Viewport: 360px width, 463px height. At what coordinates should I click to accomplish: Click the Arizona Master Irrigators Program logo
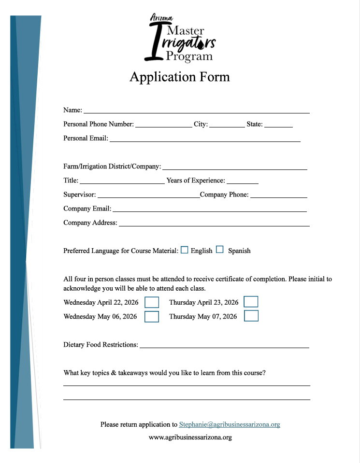click(180, 38)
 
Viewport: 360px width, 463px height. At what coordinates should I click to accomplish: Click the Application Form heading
click(180, 77)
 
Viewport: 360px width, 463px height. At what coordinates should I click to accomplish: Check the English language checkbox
click(185, 250)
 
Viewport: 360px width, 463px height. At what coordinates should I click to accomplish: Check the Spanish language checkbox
click(220, 250)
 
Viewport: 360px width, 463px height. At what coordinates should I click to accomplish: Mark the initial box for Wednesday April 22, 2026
click(152, 302)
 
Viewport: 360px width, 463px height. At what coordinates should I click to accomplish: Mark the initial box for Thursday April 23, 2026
click(251, 302)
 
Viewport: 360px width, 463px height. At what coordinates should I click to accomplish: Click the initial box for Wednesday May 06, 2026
click(152, 317)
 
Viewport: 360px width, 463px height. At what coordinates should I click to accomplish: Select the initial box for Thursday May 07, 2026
click(251, 316)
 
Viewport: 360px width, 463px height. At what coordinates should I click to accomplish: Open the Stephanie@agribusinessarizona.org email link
click(230, 425)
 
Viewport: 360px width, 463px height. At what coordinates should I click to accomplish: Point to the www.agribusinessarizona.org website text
click(190, 437)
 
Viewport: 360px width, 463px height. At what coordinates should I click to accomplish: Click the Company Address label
click(90, 223)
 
